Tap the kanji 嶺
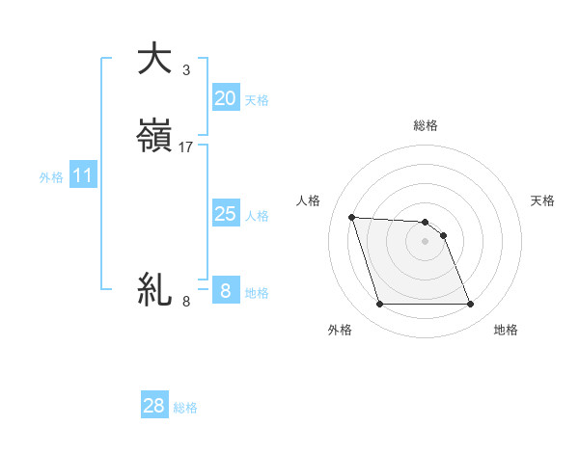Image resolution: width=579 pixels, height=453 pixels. pos(154,137)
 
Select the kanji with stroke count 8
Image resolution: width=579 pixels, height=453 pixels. pos(154,289)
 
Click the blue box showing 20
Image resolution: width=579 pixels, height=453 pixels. pos(225,97)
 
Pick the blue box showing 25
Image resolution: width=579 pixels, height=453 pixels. pos(225,214)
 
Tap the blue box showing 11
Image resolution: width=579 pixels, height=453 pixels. pos(83,175)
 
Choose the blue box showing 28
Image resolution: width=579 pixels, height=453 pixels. pos(154,406)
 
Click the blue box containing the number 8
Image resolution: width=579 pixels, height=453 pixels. pos(225,290)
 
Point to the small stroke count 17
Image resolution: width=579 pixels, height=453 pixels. pos(186,147)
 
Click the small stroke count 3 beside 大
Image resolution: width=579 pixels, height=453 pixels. pos(186,69)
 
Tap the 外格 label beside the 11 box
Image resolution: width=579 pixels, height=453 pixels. pos(51,177)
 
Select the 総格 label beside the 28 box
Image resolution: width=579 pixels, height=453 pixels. pos(185,408)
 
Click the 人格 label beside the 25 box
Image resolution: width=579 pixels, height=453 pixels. pos(258,216)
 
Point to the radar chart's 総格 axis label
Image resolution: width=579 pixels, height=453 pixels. pos(426,125)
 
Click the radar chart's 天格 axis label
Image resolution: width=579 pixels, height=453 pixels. pos(543,200)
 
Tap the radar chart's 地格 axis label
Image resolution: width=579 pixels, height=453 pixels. pos(506,330)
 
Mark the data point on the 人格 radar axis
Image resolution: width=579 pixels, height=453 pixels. pos(352,217)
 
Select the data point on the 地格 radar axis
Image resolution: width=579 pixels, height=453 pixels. pos(470,305)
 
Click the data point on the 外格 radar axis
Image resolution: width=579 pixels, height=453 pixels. pos(379,305)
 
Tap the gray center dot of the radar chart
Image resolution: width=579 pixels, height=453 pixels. pos(425,241)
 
